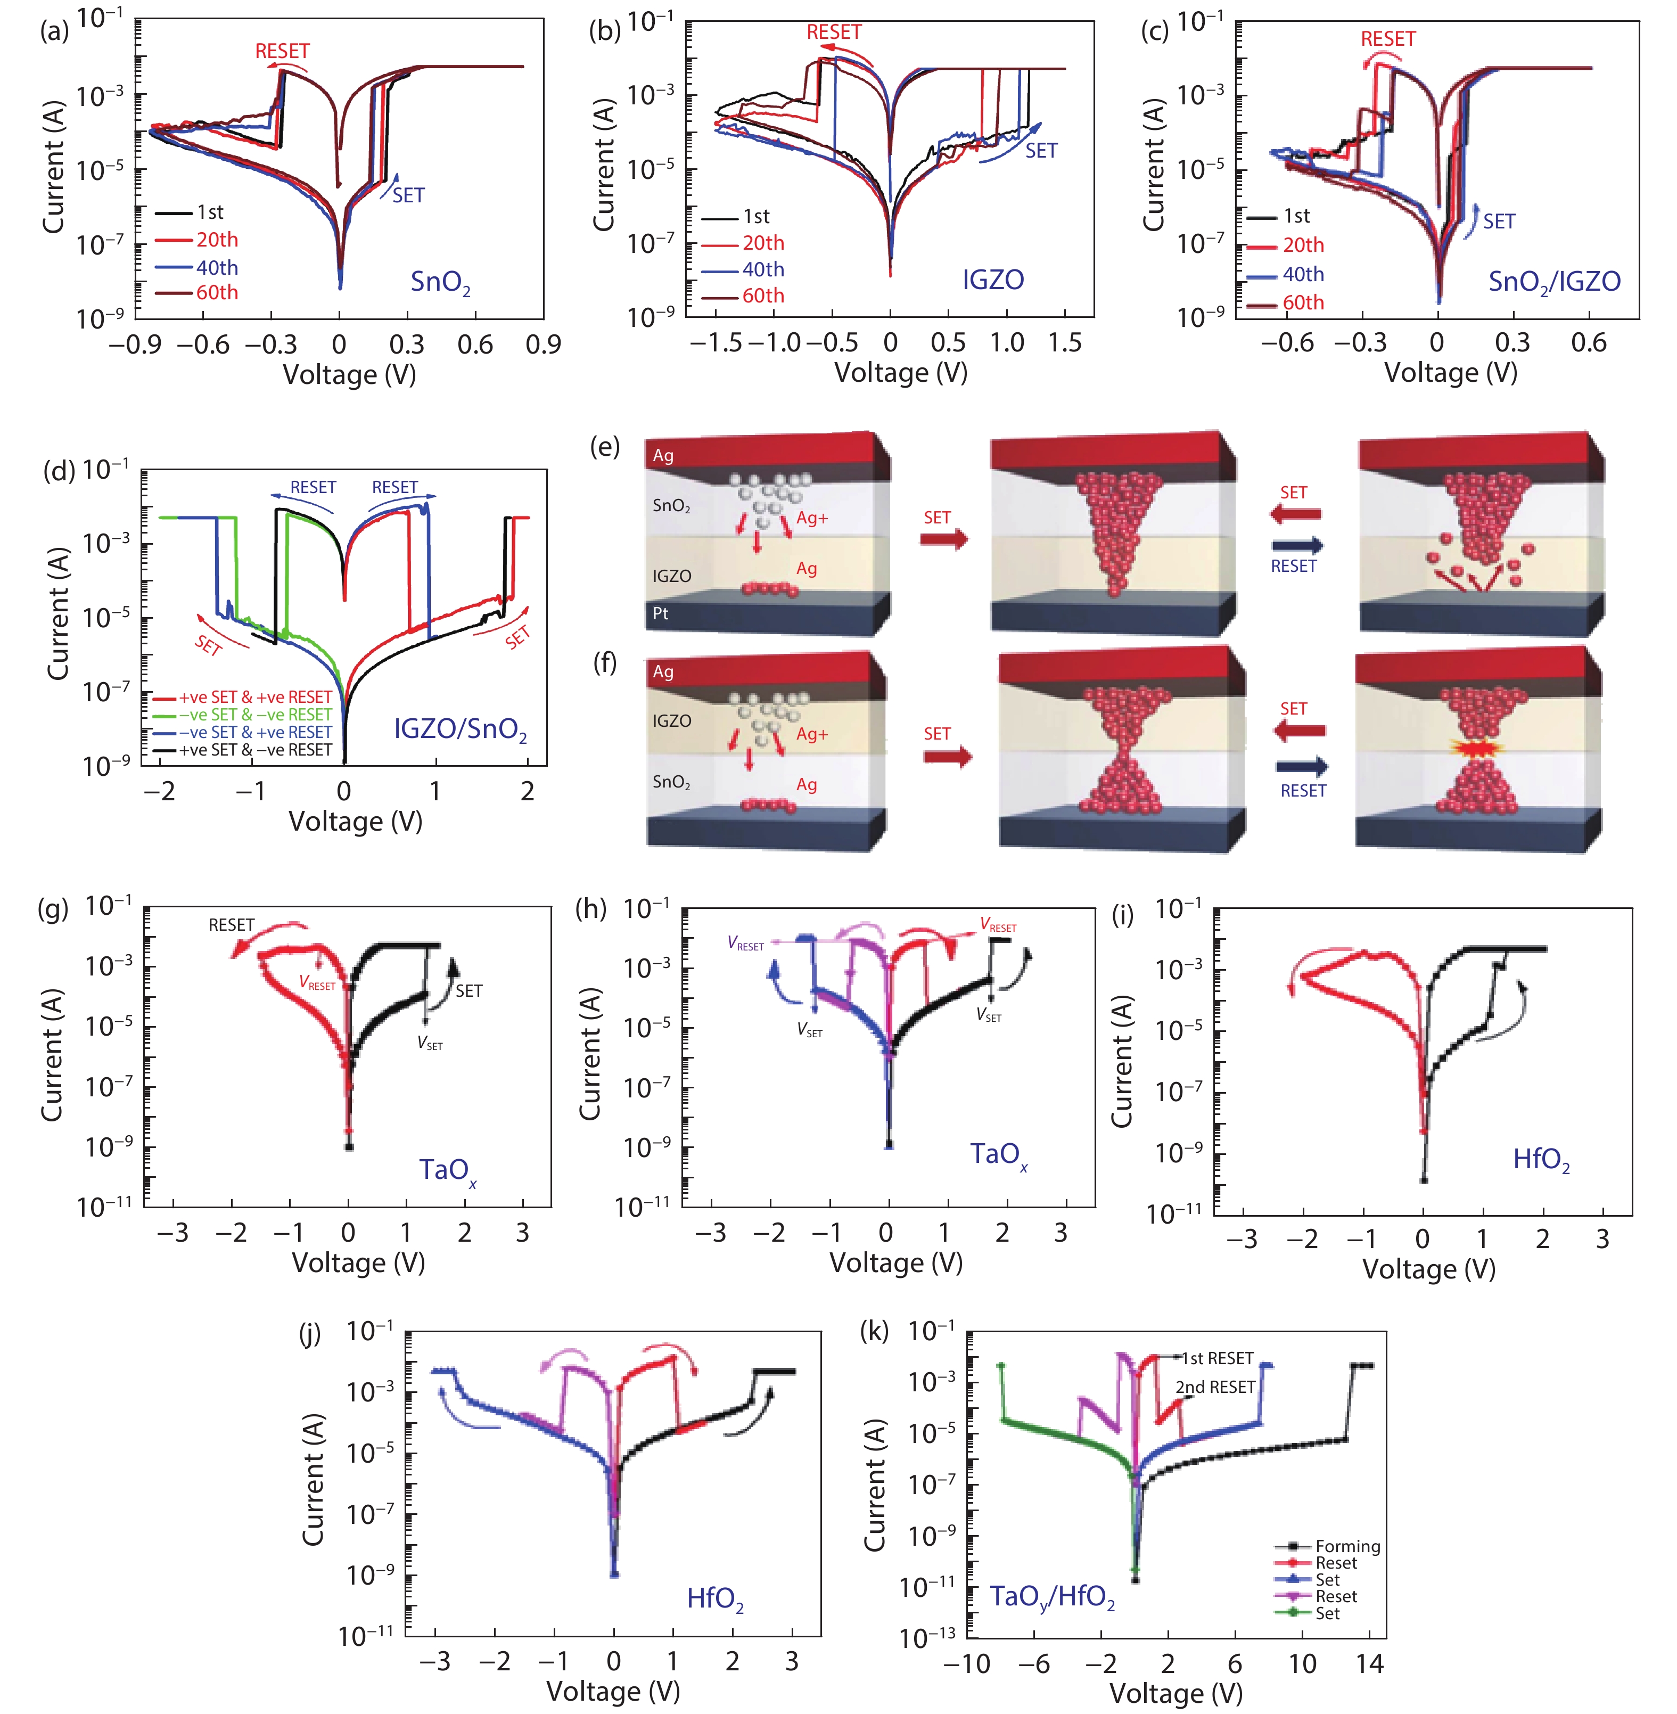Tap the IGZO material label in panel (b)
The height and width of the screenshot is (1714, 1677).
pyautogui.click(x=993, y=280)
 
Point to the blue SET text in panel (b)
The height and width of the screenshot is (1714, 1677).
pyautogui.click(x=1041, y=151)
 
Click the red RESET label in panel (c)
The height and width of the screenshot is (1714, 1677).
pyautogui.click(x=1388, y=39)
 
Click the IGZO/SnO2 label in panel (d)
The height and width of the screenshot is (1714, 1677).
pyautogui.click(x=460, y=730)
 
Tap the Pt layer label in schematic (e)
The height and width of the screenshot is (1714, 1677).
pyautogui.click(x=661, y=614)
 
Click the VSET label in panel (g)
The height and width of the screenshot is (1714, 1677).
pyautogui.click(x=430, y=1043)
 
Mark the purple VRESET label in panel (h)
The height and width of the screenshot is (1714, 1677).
pyautogui.click(x=746, y=944)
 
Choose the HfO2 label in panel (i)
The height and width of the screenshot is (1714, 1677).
pyautogui.click(x=1541, y=1160)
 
